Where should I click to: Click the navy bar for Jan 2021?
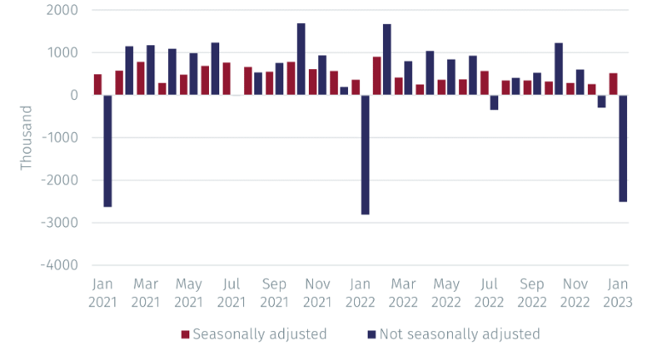coord(108,150)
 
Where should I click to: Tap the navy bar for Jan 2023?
coord(624,148)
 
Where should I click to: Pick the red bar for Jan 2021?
coord(98,84)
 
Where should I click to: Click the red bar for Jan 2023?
coord(613,84)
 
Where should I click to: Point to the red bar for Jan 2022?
coord(356,87)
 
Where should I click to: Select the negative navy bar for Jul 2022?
coord(494,102)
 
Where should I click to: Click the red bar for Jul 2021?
coord(227,78)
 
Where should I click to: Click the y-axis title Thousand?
coord(26,137)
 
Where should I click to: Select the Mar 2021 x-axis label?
coord(146,293)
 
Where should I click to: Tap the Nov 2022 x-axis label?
coord(575,293)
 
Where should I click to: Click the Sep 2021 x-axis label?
coord(275,293)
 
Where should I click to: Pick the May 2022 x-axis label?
coord(446,293)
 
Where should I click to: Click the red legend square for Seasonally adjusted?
coord(185,334)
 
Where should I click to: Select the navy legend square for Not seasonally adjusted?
coord(371,334)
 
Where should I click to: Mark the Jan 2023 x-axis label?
coord(618,293)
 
